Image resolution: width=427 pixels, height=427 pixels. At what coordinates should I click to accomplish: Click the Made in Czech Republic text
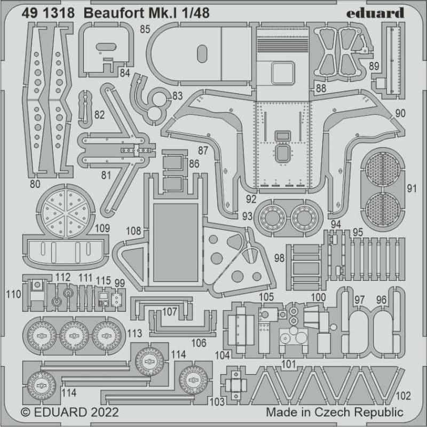(334, 413)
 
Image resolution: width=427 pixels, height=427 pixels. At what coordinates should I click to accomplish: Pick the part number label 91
(411, 188)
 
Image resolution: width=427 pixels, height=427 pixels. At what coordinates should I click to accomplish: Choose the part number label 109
(102, 228)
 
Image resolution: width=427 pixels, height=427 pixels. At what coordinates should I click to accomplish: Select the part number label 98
(279, 258)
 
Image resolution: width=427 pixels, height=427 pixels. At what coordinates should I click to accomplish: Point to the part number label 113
(135, 334)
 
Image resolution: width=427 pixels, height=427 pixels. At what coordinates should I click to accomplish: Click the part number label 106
(199, 343)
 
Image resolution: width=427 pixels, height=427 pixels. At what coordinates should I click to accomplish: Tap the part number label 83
(177, 96)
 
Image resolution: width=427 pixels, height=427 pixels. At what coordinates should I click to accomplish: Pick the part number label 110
(14, 294)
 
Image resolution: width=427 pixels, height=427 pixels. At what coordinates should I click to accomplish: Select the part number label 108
(134, 231)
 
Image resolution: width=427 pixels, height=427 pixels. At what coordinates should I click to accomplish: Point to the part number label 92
(251, 199)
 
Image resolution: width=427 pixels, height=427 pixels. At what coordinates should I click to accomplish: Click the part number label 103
(218, 401)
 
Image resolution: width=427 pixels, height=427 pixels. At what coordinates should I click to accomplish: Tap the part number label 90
(401, 113)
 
